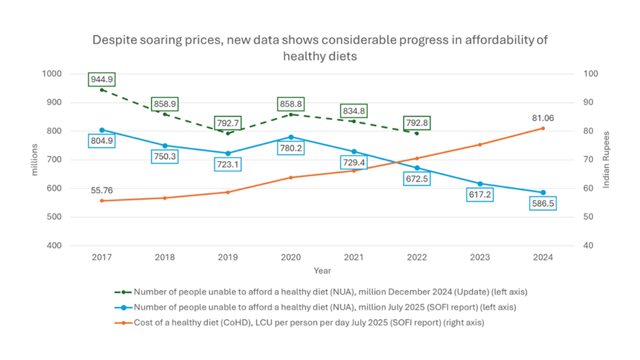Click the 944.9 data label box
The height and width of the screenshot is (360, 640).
102,79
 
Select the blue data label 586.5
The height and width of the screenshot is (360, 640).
543,204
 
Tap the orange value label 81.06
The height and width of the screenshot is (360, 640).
542,118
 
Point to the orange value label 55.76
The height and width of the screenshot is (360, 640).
102,191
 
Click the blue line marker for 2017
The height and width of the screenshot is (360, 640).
102,130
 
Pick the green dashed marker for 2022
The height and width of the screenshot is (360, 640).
417,133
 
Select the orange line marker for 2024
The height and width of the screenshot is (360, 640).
543,128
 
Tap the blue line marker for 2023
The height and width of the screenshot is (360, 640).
479,184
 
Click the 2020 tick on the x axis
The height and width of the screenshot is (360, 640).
290,257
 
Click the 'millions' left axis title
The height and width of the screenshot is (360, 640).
34,160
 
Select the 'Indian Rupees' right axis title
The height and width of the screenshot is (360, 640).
606,160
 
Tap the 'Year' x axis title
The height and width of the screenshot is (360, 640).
322,271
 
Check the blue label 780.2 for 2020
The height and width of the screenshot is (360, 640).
291,149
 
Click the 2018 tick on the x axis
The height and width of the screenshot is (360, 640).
165,257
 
